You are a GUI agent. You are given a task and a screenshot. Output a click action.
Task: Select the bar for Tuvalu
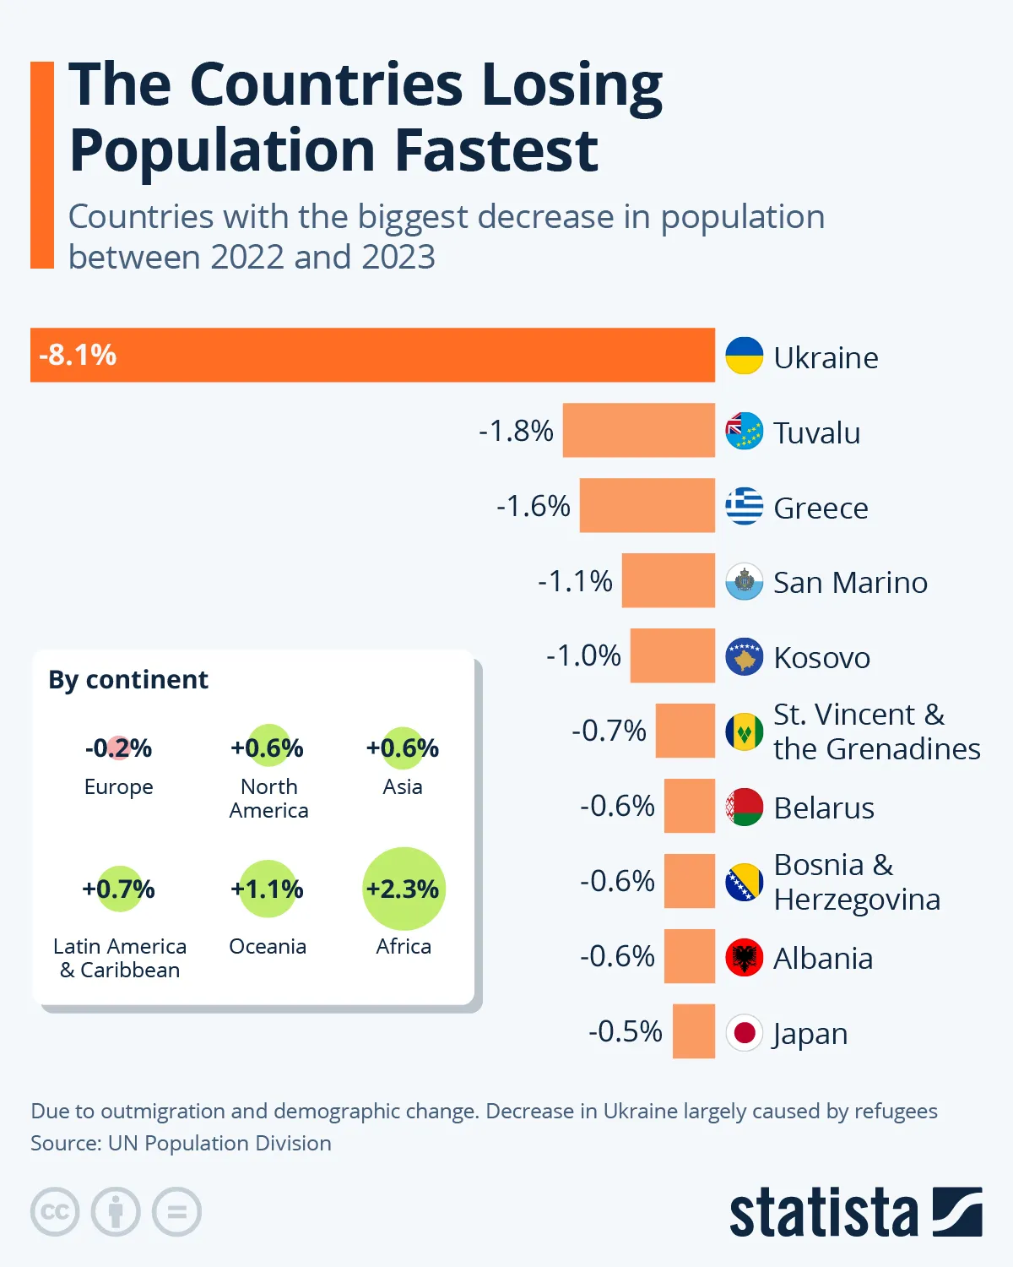[638, 430]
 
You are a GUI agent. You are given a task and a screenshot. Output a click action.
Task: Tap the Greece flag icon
[744, 506]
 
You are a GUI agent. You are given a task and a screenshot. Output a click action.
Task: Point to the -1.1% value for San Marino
[575, 581]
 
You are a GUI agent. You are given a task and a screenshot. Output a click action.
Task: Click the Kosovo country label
[821, 657]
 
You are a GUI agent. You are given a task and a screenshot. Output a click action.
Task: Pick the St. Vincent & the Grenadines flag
[744, 731]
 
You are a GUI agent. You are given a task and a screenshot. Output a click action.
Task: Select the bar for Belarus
[689, 806]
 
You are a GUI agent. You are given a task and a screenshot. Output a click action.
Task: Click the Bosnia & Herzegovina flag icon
[744, 882]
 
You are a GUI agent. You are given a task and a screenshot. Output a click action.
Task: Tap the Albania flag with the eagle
[744, 957]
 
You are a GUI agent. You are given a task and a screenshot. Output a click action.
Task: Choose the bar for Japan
[693, 1031]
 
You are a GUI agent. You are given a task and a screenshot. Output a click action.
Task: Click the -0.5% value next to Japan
[625, 1031]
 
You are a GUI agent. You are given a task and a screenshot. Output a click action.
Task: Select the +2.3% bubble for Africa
[403, 889]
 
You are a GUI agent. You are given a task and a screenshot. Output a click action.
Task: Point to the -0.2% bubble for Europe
[118, 748]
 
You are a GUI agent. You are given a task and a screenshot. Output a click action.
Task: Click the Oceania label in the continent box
[268, 946]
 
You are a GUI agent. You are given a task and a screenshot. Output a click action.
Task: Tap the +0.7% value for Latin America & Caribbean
[118, 889]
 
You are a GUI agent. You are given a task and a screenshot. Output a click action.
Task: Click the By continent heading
[128, 679]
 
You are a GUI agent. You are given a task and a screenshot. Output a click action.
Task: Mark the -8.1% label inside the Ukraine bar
[78, 355]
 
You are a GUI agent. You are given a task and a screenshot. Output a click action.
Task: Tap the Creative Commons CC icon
[55, 1212]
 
